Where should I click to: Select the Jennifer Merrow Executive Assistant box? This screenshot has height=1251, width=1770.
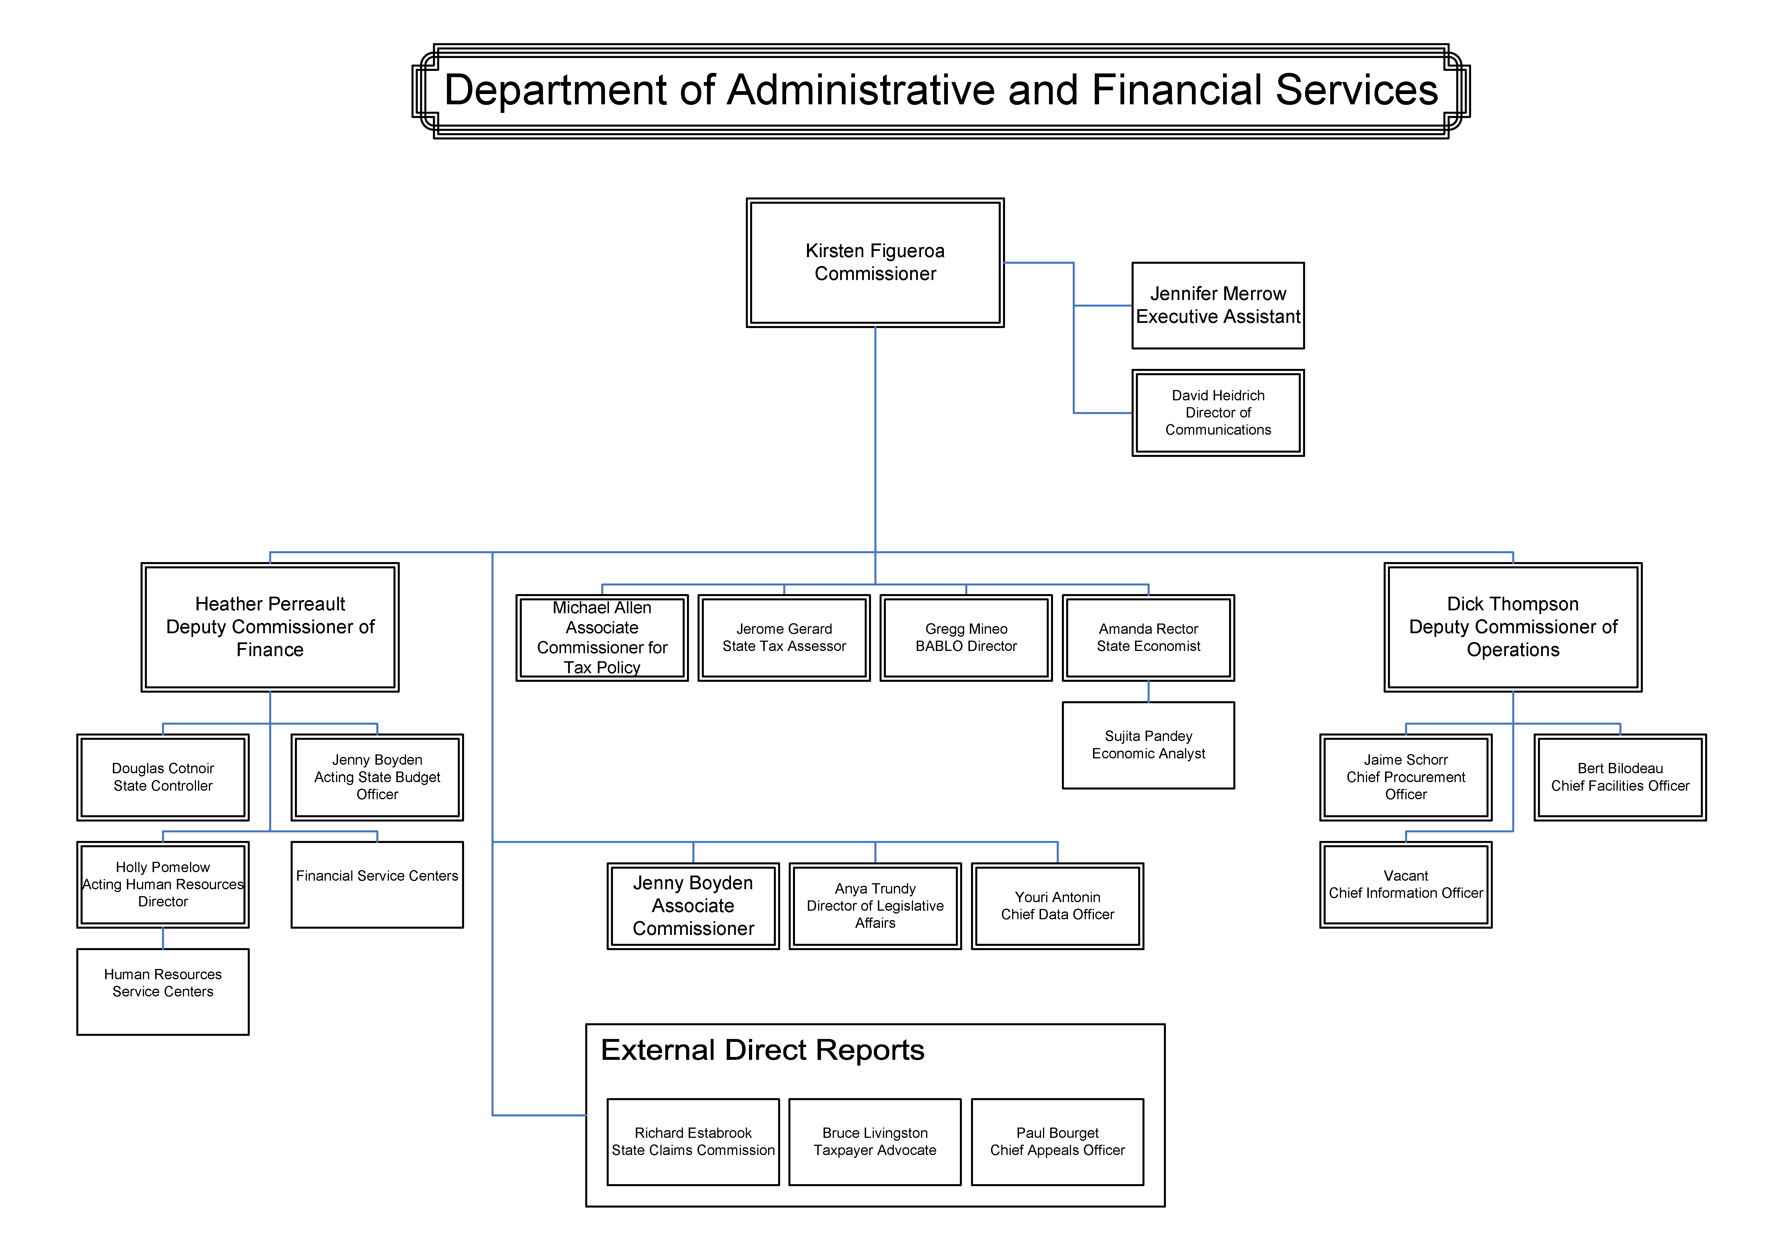click(1218, 305)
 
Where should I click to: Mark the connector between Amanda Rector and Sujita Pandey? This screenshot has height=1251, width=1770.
click(1149, 692)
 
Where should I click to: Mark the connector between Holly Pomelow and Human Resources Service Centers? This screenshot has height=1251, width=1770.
click(163, 938)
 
